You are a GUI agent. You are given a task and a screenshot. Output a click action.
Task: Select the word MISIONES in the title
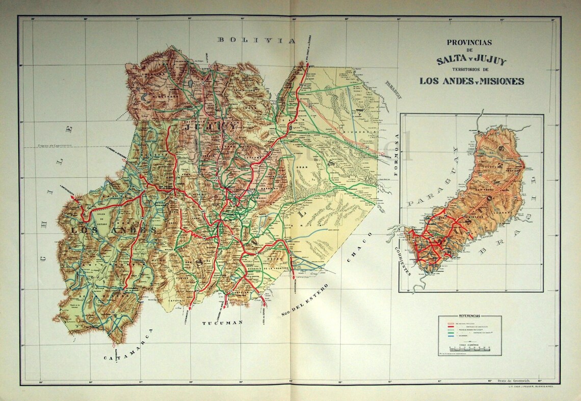(x=498, y=81)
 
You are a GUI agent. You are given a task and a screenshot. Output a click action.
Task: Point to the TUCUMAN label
(x=222, y=323)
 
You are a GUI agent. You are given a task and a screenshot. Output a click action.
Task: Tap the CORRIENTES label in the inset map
(x=402, y=260)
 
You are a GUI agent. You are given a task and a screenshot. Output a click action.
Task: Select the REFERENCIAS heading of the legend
(x=469, y=316)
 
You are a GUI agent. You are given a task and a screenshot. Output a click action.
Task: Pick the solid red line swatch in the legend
(x=451, y=326)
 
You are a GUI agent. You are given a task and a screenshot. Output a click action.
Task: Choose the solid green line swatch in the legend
(x=451, y=332)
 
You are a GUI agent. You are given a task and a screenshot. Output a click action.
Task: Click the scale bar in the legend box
(x=469, y=349)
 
